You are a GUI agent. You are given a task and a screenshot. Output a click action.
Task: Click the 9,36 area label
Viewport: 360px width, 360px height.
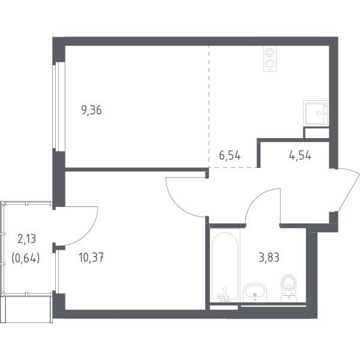91,110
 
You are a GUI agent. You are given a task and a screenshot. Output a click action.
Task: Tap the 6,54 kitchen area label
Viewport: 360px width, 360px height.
230,155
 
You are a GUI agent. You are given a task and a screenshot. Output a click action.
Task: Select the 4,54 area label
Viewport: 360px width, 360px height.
300,155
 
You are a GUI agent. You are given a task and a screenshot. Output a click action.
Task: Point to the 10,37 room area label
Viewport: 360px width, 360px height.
91,257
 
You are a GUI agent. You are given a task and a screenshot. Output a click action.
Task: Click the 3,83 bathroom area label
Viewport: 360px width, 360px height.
269,257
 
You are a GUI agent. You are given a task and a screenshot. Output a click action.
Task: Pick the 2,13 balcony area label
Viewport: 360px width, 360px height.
26,239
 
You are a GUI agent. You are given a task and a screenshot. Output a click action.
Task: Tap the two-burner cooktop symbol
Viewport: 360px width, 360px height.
270,59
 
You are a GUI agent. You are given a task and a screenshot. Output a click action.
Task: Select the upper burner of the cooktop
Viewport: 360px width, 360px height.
270,53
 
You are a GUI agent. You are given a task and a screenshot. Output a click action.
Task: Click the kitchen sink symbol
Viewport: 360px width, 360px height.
316,113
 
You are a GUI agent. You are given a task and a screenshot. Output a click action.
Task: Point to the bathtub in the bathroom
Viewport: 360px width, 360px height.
225,265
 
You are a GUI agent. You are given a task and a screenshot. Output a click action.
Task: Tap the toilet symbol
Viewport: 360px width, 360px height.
289,288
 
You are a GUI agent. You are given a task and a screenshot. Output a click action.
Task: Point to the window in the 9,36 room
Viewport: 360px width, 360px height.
59,106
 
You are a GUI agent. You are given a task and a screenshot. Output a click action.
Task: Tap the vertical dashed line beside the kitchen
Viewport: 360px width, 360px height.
209,107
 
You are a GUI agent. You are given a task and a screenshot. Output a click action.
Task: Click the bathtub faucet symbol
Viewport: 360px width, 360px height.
224,296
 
